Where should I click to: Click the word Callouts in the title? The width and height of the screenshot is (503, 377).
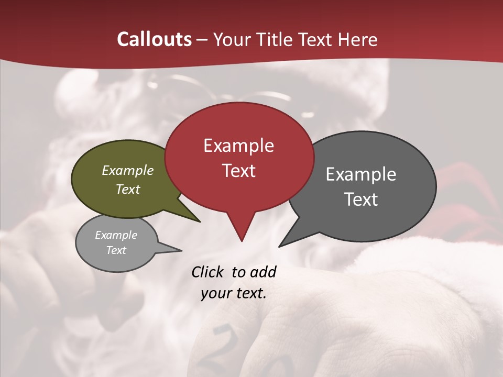(x=154, y=39)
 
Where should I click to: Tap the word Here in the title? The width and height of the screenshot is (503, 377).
(x=357, y=39)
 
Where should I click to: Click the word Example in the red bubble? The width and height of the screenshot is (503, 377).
(x=238, y=146)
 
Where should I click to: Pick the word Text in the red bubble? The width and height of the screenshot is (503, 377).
(x=238, y=171)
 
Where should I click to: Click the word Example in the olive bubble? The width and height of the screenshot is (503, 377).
(x=128, y=171)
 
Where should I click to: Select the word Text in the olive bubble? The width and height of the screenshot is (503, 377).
(x=128, y=189)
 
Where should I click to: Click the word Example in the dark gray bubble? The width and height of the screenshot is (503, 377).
(x=361, y=174)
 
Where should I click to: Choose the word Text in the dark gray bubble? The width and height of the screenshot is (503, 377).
(x=361, y=199)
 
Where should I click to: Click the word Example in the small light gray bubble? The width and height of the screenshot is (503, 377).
(x=116, y=235)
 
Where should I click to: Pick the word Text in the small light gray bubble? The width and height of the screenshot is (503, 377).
(x=116, y=250)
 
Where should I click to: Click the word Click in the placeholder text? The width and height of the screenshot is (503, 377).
(x=207, y=272)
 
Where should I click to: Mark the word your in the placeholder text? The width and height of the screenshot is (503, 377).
(x=215, y=293)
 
